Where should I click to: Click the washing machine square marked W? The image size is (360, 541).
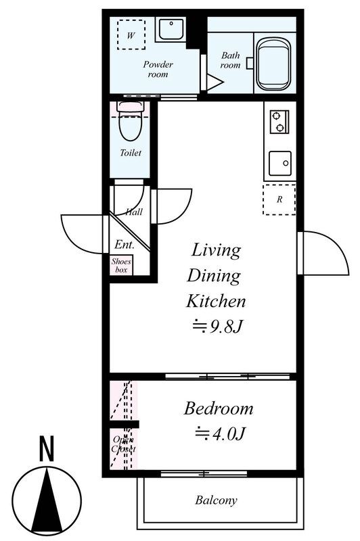coord(131,34)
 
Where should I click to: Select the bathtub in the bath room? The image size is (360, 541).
coord(273,64)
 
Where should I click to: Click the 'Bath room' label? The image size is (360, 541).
coord(230,60)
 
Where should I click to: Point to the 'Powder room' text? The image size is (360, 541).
coord(158,69)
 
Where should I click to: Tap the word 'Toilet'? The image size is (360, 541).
coord(131,153)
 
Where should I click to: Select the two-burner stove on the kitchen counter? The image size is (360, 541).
coord(279,122)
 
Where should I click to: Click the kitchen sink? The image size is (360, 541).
coord(280,163)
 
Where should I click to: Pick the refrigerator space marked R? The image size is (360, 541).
coord(279,199)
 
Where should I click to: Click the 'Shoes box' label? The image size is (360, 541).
coord(121,266)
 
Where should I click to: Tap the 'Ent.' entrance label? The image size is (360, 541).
coord(125,245)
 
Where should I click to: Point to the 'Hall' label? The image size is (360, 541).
coord(133,212)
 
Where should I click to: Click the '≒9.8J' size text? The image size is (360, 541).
coord(217,326)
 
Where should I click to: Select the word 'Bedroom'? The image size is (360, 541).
coord(219,408)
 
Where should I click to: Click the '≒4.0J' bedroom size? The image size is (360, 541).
coord(220,433)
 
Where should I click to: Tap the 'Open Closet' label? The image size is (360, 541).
coord(124,444)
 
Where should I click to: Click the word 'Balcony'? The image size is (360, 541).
coord(216,500)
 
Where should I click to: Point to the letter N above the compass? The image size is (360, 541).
coord(47,448)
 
